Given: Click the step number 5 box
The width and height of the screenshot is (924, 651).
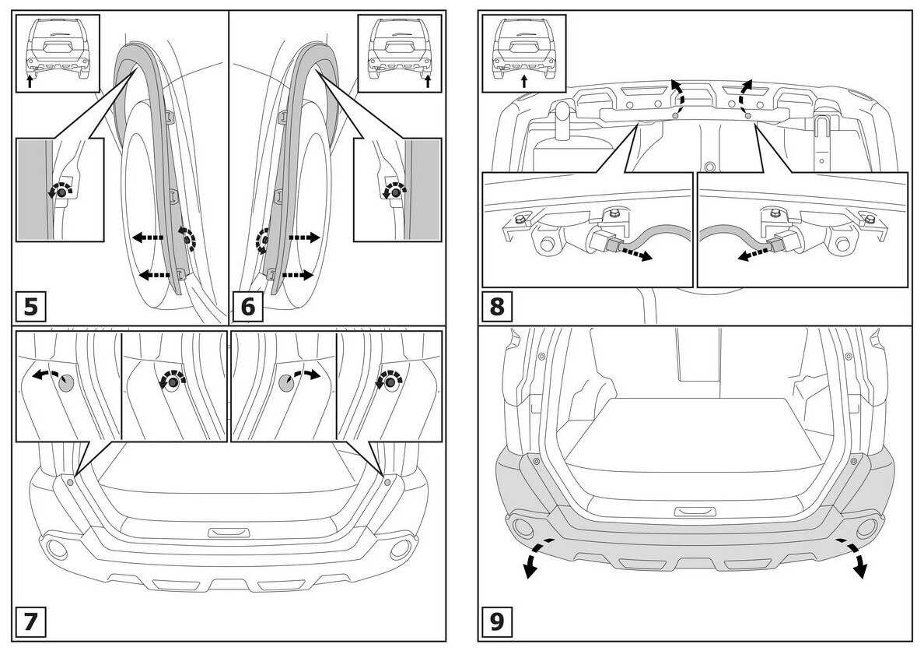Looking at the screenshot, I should [x=30, y=307].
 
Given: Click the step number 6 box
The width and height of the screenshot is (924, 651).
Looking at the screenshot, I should [x=248, y=307].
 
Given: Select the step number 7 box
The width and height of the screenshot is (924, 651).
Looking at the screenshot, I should [x=30, y=623].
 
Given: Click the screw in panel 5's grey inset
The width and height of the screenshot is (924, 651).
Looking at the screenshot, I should [x=58, y=191].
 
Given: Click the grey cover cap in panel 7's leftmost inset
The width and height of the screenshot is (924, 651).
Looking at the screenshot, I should [x=66, y=382].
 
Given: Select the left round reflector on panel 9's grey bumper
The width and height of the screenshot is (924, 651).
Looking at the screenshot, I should [x=520, y=530].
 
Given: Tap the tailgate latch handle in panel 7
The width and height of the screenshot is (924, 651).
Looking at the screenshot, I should [x=229, y=532].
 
